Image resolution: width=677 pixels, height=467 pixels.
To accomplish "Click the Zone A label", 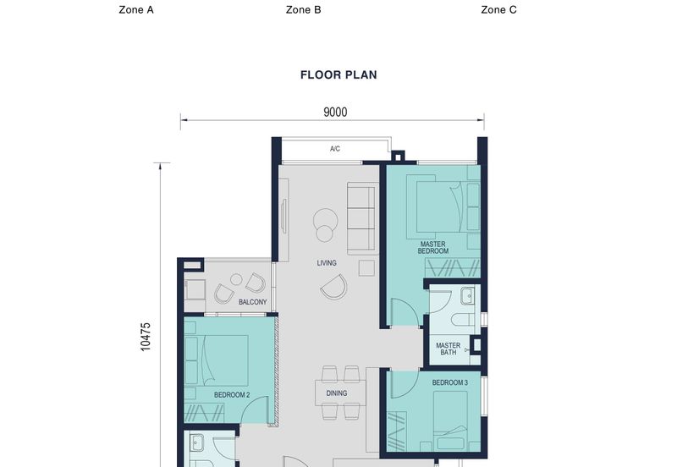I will coord(136,10).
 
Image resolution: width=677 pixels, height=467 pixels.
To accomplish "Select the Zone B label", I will coord(303,10).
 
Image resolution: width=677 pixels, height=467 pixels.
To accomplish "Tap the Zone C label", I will coord(498,10).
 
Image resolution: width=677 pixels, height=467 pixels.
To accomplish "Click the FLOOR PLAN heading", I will coord(338,74).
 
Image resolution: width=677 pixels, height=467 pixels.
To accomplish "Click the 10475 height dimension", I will coord(146,336).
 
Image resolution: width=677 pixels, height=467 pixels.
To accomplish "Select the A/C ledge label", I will coord(335,150).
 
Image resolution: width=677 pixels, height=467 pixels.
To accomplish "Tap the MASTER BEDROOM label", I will coord(432,247).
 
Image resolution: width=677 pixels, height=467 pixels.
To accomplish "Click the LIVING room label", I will coord(327,263).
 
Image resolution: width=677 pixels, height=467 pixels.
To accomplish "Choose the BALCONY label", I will coord(252,302).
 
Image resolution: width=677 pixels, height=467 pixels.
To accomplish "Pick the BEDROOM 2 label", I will coord(232,395).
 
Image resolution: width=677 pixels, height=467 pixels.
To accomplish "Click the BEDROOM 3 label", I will coord(449,383).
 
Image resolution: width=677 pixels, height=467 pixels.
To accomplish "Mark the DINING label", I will coord(337,393).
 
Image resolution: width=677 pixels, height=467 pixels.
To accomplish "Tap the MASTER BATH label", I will coord(449,349).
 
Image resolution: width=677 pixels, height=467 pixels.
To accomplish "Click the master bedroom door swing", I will coord(404,312).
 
